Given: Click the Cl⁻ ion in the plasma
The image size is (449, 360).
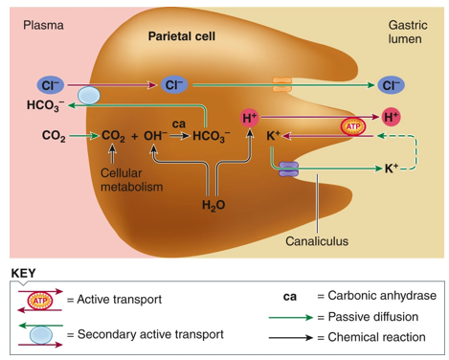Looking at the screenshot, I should (49, 85).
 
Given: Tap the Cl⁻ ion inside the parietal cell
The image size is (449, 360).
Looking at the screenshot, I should (173, 85).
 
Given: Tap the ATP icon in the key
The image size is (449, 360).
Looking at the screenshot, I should (40, 301).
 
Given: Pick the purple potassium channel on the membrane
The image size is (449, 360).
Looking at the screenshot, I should (289, 169).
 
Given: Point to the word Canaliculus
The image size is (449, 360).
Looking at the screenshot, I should (318, 240).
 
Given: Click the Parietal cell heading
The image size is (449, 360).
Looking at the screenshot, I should (183, 35).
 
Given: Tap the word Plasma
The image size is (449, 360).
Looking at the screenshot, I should (43, 24).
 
